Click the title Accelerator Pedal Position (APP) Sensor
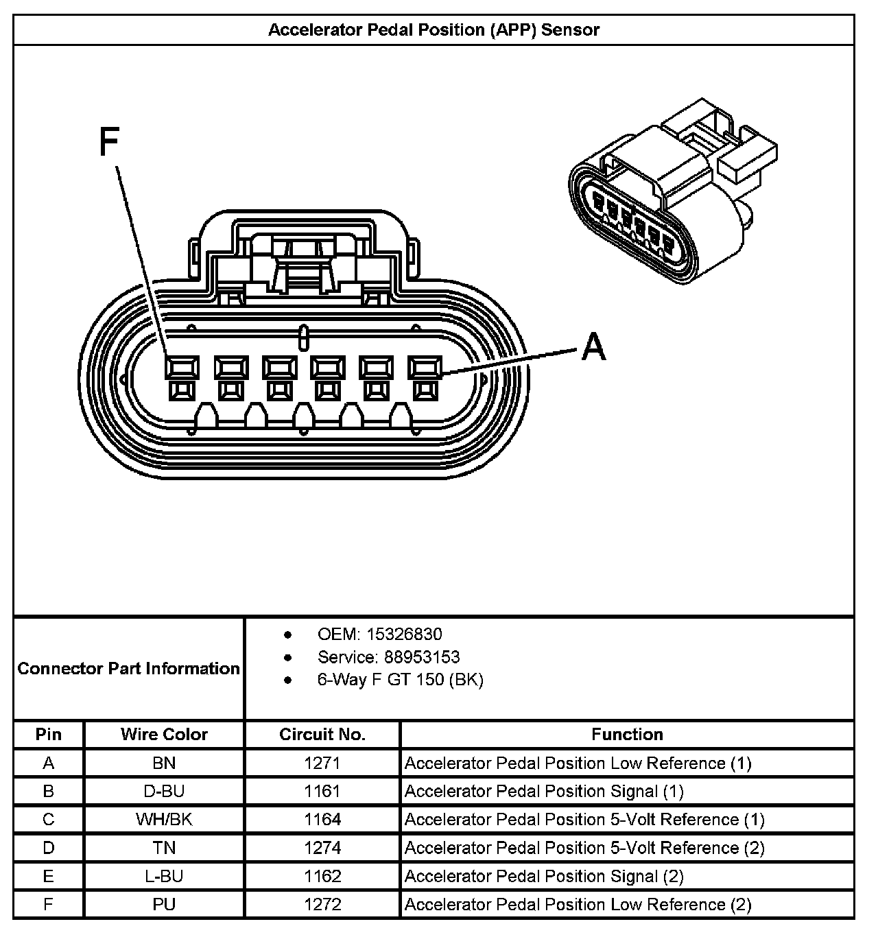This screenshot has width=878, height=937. coord(434,30)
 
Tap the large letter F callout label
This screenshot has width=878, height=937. coord(110,142)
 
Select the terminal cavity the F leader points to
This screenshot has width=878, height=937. coord(182,368)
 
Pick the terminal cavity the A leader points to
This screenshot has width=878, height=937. coord(425,368)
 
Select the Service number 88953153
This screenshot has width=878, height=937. coord(422,657)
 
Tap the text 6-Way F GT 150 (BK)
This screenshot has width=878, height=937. coord(400,680)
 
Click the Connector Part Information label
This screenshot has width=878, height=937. coord(129,668)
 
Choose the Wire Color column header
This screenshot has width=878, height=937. coord(164,735)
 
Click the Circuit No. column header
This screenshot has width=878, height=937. coord(322,735)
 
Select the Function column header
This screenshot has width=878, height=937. coord(627,735)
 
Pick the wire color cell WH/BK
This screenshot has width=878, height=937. coord(164,820)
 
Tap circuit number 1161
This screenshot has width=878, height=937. coord(322,792)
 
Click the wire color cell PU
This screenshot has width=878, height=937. coord(164,905)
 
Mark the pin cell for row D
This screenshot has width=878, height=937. coord(49,848)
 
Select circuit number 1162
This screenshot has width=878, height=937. coord(322,877)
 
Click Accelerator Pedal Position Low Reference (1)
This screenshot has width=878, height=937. coord(578,763)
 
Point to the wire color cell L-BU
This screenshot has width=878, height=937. coord(164,877)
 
